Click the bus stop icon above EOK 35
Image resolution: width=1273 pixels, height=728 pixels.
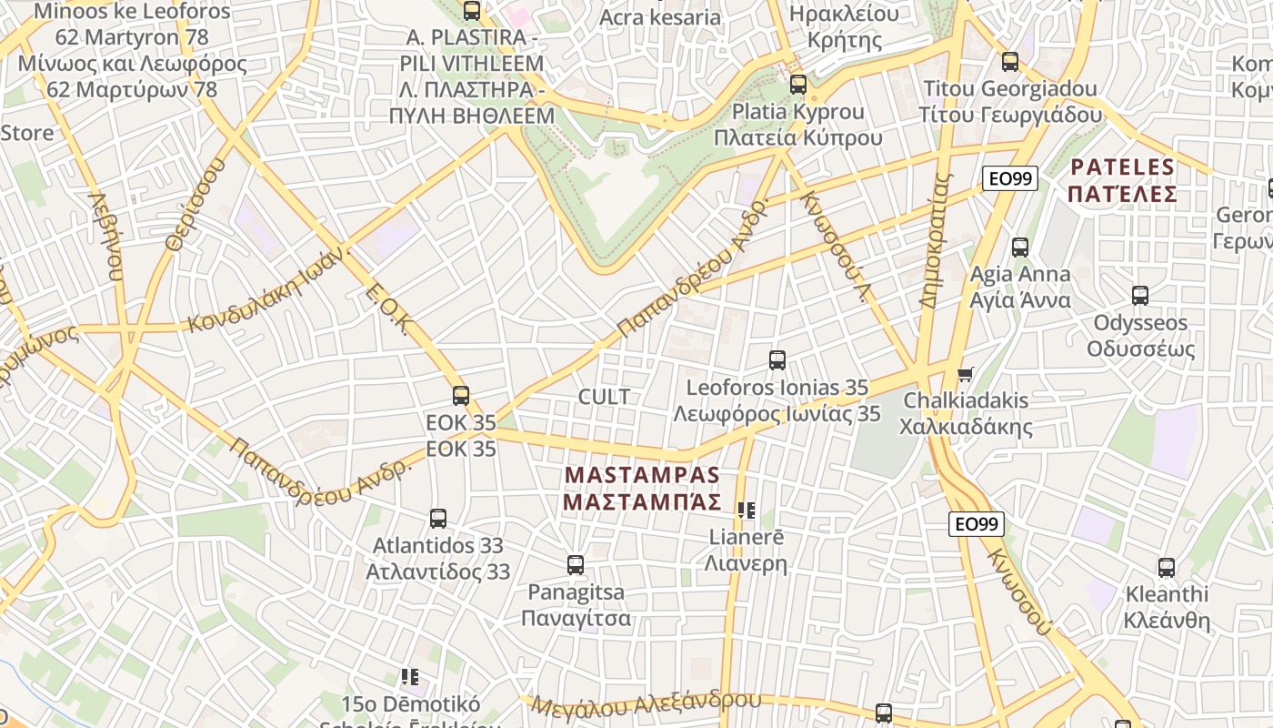click(461, 396)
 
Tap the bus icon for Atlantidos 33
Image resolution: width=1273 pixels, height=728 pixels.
click(438, 519)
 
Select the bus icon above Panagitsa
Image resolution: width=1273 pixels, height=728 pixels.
click(576, 565)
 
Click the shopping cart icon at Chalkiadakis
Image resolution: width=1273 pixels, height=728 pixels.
click(966, 374)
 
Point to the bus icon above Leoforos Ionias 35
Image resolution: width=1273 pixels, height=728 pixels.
click(777, 360)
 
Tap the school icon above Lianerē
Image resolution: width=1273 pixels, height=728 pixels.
click(747, 511)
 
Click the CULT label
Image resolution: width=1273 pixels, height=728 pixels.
click(604, 397)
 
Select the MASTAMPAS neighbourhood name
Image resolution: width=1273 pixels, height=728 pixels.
click(642, 489)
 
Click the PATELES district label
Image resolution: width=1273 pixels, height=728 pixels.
click(1123, 180)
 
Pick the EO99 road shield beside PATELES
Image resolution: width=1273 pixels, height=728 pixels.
click(1010, 178)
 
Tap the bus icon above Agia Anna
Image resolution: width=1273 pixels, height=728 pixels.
click(1020, 248)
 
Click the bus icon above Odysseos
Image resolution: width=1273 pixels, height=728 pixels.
click(1140, 296)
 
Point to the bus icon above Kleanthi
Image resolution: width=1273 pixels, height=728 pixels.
click(1167, 568)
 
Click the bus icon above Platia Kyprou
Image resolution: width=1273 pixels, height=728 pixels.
click(798, 85)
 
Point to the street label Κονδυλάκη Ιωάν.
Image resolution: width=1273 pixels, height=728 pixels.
click(265, 288)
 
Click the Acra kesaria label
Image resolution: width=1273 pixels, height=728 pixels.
click(660, 16)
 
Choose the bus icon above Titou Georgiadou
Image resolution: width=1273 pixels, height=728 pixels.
click(1010, 62)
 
